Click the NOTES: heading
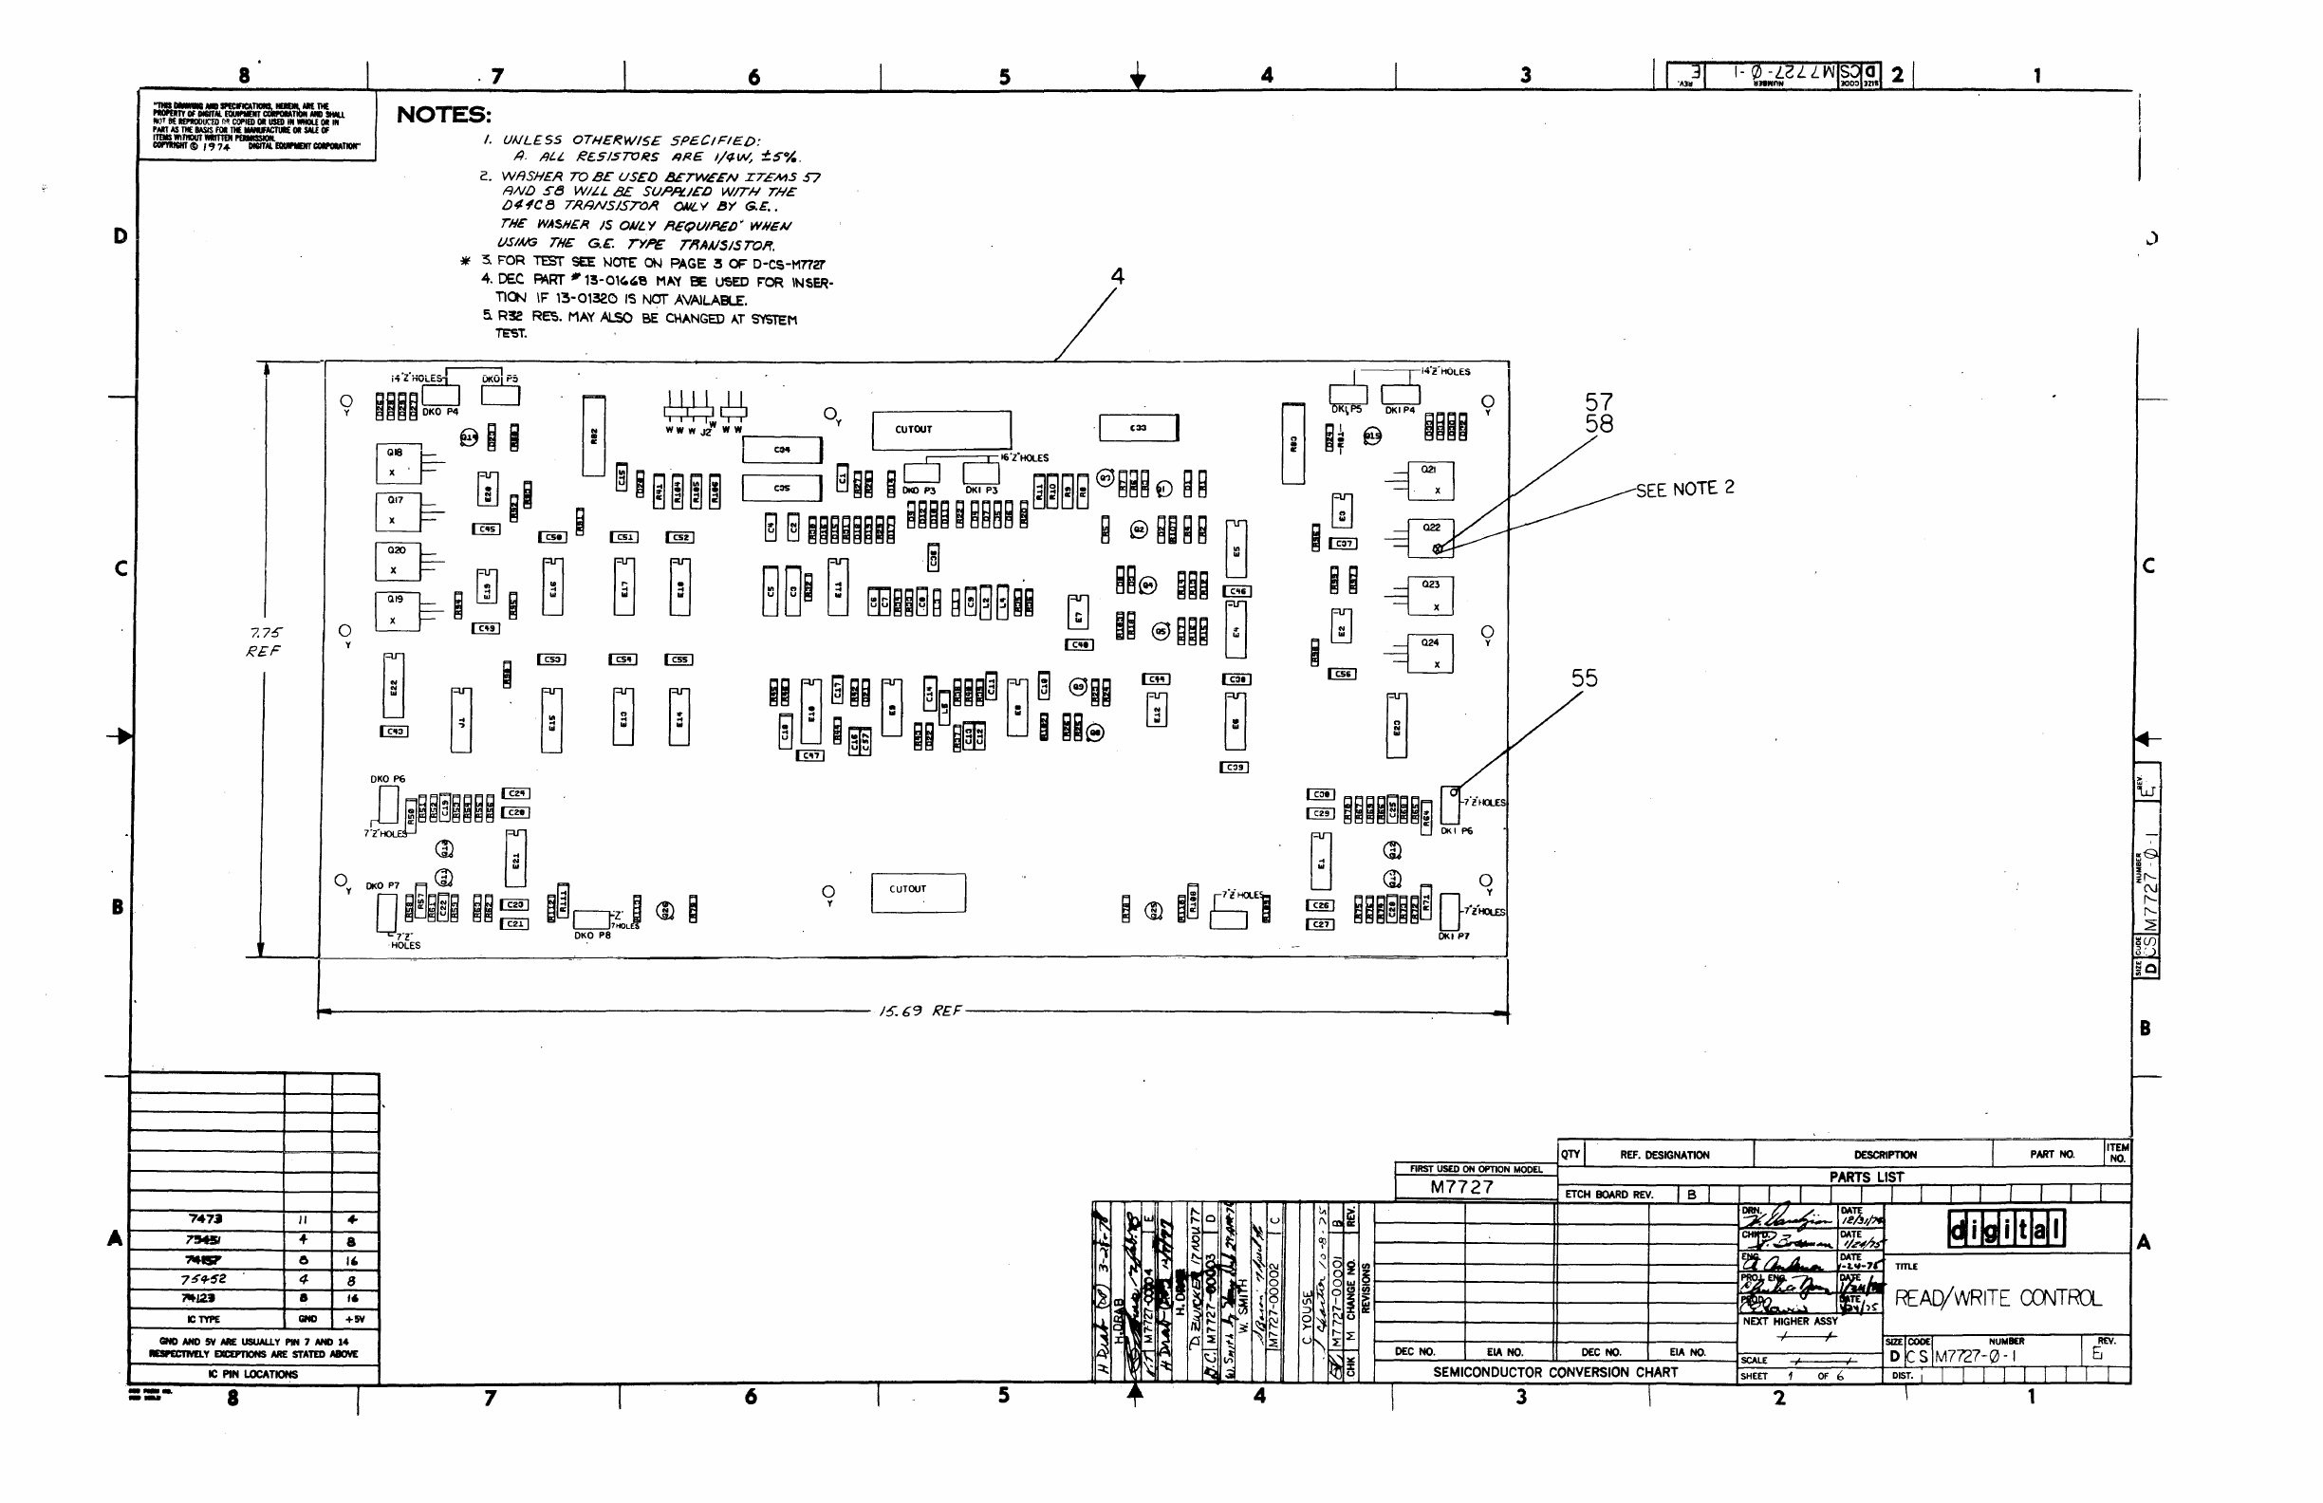point(443,115)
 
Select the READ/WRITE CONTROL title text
point(1996,1298)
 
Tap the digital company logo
point(2006,1229)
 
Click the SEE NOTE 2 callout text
point(1684,489)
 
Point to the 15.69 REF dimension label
point(920,1011)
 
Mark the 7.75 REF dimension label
point(265,642)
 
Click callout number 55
point(1584,678)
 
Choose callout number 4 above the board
point(1118,277)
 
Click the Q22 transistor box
point(1431,538)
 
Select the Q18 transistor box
point(399,464)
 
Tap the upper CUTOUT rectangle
point(941,430)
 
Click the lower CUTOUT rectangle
point(918,891)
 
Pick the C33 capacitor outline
point(1138,428)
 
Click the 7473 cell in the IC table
point(206,1219)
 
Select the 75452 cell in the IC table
point(206,1279)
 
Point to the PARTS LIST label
point(1867,1177)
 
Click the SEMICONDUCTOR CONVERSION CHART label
point(1555,1372)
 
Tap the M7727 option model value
point(1461,1187)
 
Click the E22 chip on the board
point(394,686)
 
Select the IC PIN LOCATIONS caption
point(252,1374)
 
